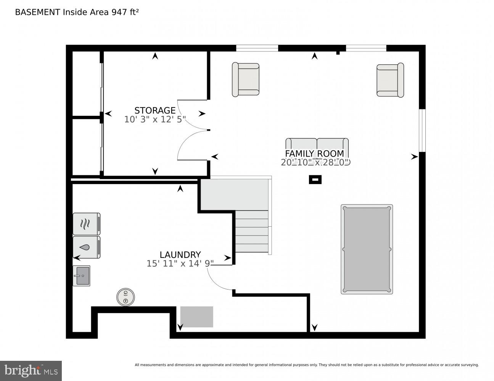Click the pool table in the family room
tap(367, 249)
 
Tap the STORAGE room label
tap(155, 110)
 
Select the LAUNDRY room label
tap(180, 255)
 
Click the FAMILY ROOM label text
tap(315, 154)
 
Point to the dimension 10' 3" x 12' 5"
tap(155, 120)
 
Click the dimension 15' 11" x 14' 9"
tap(180, 264)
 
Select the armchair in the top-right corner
tap(390, 80)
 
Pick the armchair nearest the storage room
tap(246, 79)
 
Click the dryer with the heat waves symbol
tap(87, 224)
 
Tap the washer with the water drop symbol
tap(87, 247)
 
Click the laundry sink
tap(82, 276)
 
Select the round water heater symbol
tap(126, 297)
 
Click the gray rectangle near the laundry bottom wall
tap(196, 317)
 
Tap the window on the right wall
tap(422, 130)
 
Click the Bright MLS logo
tap(31, 370)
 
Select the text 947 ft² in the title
tap(125, 12)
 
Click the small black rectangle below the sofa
tap(315, 179)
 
